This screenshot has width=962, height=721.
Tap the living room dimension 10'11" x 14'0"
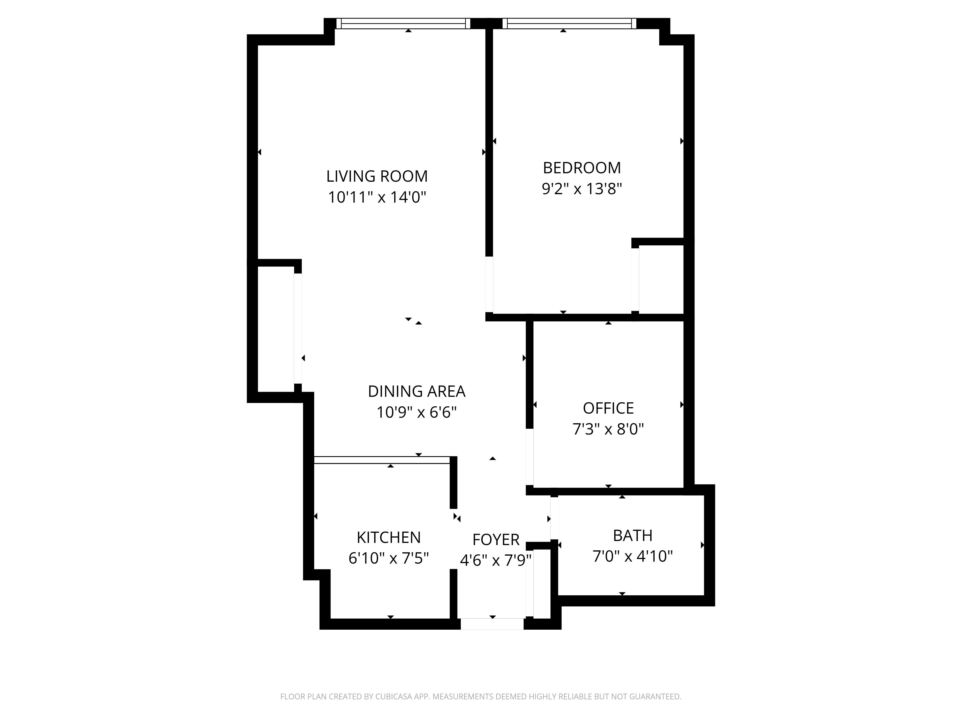377,197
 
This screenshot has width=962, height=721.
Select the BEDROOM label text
582,168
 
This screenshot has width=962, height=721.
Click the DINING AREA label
417,392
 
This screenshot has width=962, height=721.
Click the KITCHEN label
389,538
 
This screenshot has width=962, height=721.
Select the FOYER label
496,540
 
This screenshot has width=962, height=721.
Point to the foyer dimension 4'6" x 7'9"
496,561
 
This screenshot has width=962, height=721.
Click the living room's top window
403,24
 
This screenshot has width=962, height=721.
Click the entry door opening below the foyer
492,624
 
